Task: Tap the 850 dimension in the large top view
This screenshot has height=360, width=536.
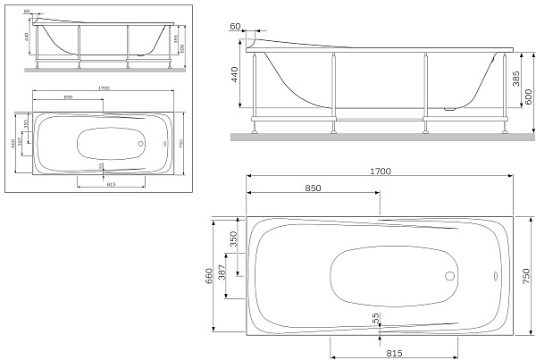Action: (314, 189)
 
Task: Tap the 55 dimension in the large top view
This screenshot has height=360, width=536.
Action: (376, 317)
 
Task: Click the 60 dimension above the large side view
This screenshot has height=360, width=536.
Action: (235, 28)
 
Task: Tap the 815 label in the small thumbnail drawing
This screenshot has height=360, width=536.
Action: (111, 182)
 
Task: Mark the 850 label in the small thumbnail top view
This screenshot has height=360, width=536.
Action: (68, 96)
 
